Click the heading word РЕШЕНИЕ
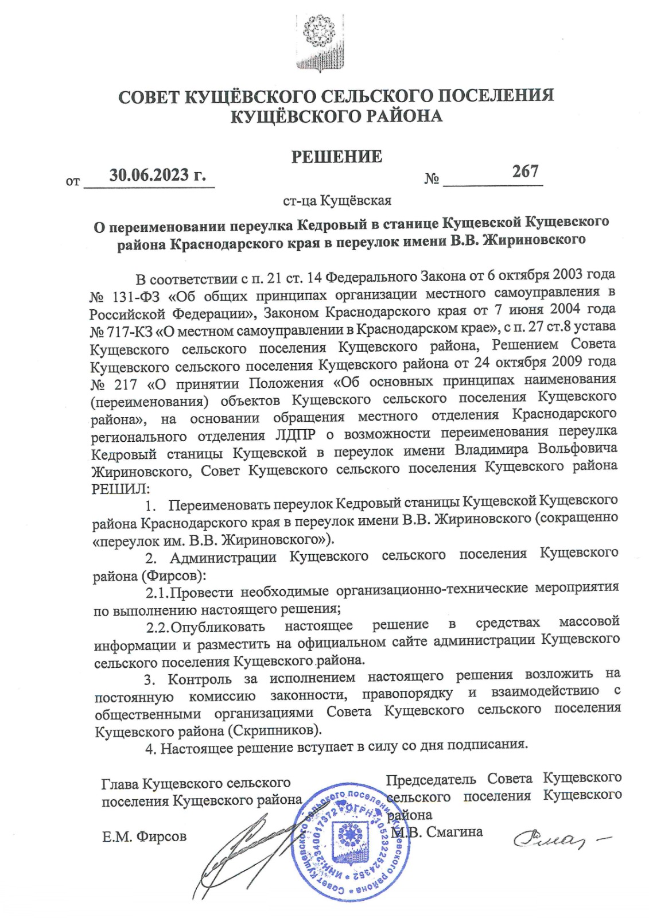tap(336, 157)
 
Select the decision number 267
tap(525, 171)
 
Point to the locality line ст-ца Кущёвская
tap(337, 201)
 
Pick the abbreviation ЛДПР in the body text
tap(294, 434)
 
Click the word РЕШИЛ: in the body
tap(120, 489)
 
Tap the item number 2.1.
tap(157, 592)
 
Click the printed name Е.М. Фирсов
tap(144, 837)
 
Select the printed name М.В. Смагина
tap(438, 831)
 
